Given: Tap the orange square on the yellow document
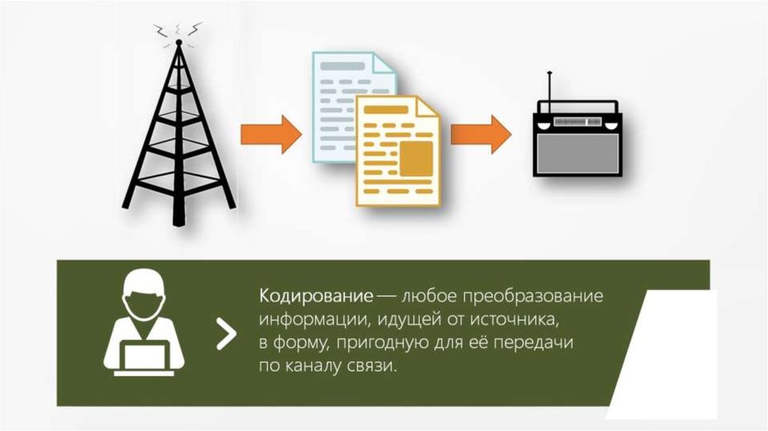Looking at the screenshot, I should (x=417, y=158).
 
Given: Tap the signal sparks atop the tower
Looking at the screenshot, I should (x=178, y=30).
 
